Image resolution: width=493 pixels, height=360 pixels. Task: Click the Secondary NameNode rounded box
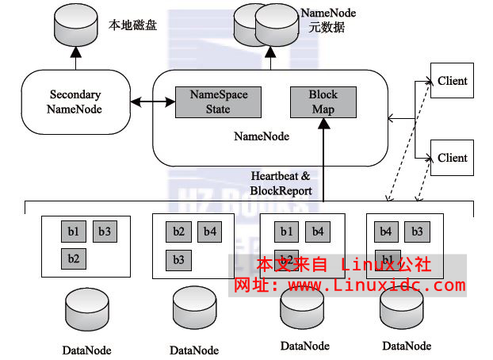(x=74, y=101)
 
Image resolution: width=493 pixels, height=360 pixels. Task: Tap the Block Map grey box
(x=323, y=101)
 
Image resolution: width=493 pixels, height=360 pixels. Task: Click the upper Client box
(x=452, y=81)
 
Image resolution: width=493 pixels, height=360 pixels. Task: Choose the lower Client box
(x=452, y=157)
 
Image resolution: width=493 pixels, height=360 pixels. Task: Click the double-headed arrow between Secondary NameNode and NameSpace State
(x=151, y=101)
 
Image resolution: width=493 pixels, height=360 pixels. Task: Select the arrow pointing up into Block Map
(x=323, y=159)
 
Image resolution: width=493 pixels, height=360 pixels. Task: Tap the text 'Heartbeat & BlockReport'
(x=281, y=183)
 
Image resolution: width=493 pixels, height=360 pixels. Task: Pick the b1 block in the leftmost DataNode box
(x=73, y=232)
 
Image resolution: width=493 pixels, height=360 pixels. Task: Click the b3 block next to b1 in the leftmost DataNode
(x=104, y=232)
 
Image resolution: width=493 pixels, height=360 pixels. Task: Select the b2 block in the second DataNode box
(x=178, y=232)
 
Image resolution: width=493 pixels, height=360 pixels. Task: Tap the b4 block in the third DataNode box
(x=317, y=232)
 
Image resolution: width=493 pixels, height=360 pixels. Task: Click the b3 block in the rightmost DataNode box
(x=416, y=232)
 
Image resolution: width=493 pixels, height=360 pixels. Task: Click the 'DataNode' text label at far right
(x=407, y=346)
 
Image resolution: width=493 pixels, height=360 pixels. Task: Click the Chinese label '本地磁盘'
(x=132, y=25)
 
